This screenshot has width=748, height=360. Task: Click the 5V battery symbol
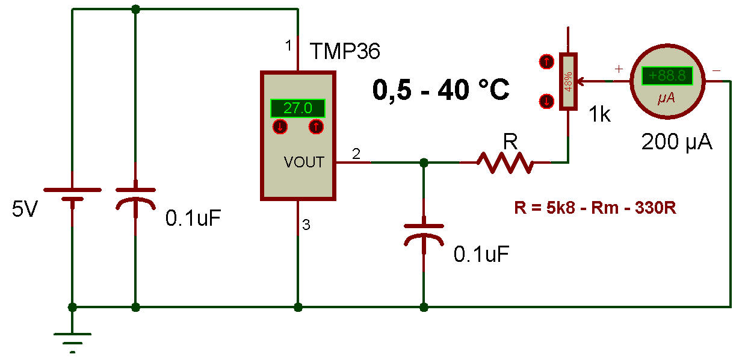click(x=72, y=195)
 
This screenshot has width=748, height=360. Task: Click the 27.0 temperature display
click(x=298, y=108)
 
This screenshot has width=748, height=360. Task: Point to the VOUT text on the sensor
click(x=304, y=162)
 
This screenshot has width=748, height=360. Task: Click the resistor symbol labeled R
click(x=505, y=162)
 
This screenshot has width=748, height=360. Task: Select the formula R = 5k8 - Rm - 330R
click(x=596, y=209)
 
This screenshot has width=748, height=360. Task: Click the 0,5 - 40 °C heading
click(x=441, y=90)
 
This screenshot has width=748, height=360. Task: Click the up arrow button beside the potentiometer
click(x=546, y=61)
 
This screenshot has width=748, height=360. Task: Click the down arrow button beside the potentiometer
click(x=546, y=101)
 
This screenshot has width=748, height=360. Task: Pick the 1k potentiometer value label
click(x=599, y=115)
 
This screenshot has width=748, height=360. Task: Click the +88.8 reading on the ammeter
click(x=667, y=76)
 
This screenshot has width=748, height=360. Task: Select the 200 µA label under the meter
click(x=677, y=143)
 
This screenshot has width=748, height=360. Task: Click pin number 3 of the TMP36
click(x=306, y=226)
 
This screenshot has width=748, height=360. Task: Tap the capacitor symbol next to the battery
click(x=135, y=205)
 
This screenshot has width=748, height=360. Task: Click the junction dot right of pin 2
click(x=424, y=163)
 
